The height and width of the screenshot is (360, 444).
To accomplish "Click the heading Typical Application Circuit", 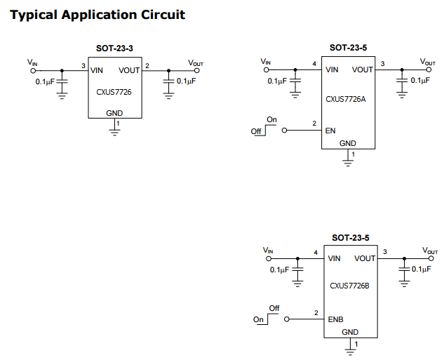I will [97, 14].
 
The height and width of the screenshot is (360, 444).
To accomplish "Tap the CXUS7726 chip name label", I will [114, 91].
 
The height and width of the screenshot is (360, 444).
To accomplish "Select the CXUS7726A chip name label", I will [346, 99].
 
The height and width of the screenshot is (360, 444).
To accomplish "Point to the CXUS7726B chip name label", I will [349, 286].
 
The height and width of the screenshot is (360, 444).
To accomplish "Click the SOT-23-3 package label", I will [114, 48].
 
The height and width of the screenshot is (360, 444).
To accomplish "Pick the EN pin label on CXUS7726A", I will [330, 131].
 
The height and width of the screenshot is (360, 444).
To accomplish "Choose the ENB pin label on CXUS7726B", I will [335, 319].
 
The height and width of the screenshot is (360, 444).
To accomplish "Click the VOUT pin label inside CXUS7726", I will [129, 70].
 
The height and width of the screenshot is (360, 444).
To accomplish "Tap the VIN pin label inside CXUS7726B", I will [335, 258].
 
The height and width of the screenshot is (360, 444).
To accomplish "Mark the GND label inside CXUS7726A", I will [348, 143].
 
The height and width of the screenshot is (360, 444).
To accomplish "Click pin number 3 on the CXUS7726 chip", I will [83, 66].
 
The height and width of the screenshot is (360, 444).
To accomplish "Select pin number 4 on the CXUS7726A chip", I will [314, 65].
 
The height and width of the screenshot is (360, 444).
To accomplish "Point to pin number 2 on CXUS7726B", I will [316, 313].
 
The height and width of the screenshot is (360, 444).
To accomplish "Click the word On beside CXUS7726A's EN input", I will [271, 120].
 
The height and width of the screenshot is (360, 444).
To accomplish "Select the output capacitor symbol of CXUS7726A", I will [401, 81].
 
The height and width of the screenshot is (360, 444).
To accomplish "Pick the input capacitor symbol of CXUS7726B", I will [298, 269].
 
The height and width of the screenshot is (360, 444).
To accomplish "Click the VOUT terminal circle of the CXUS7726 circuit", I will [196, 70].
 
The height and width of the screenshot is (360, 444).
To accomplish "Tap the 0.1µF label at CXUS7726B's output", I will [422, 269].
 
